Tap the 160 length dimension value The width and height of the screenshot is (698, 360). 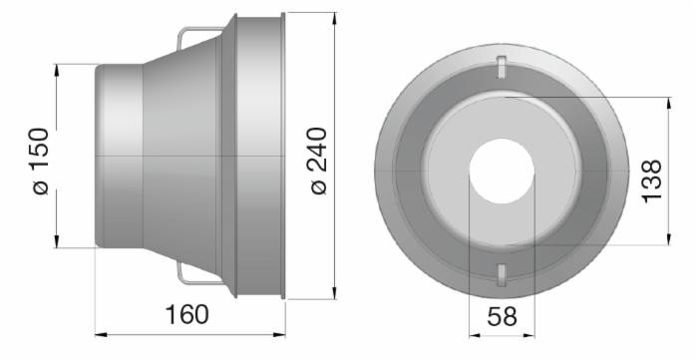[186, 315]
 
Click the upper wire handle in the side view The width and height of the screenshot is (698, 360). [198, 35]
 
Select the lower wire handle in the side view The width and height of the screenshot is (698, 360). [198, 274]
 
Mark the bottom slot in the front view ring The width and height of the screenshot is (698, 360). [502, 273]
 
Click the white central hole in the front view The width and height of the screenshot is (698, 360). [502, 171]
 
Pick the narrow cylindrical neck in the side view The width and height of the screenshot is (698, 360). [119, 157]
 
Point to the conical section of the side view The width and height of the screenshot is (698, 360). [184, 157]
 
